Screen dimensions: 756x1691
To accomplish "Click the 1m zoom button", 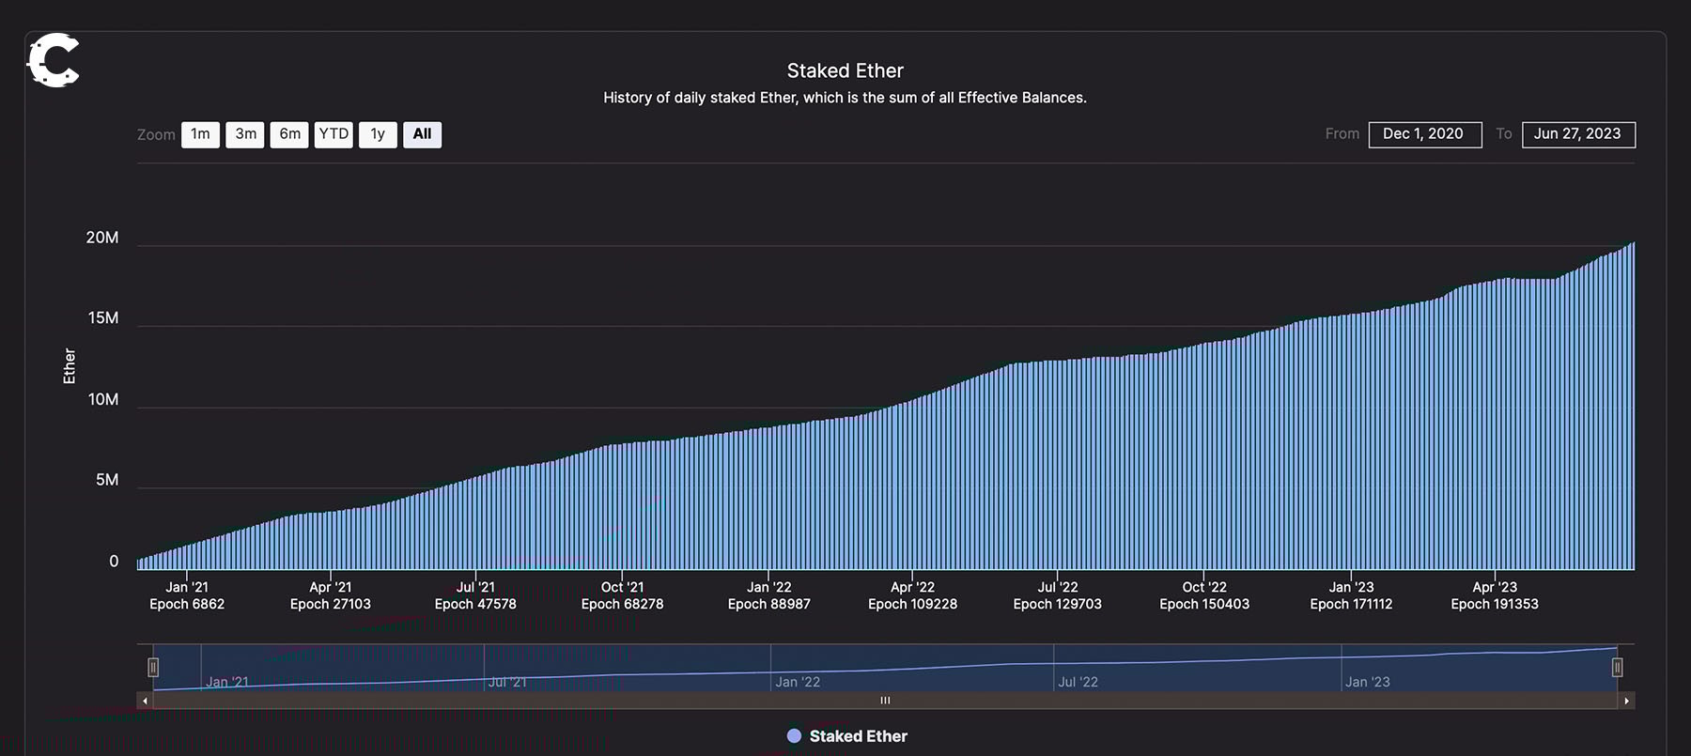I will [200, 134].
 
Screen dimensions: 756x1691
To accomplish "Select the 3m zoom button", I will [245, 134].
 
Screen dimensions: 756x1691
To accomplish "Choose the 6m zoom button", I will [289, 134].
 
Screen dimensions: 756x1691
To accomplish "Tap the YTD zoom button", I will [334, 134].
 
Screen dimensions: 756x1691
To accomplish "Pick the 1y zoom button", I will [378, 134].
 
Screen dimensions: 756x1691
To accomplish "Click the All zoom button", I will [422, 134].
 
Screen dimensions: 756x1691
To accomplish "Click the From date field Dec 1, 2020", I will [1424, 134].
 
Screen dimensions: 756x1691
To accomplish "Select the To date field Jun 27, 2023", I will [1577, 134].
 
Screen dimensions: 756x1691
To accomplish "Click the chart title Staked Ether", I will [845, 70].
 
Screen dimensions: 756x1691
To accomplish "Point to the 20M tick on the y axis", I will [102, 238].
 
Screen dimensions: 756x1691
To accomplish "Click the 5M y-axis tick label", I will [107, 480].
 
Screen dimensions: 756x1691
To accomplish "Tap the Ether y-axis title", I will [69, 366].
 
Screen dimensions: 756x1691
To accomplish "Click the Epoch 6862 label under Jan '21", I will [187, 604].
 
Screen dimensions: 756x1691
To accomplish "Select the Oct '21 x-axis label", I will [622, 587].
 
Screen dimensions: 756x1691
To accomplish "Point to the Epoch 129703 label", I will [1057, 604].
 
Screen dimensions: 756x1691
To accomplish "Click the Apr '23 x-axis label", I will [1494, 587].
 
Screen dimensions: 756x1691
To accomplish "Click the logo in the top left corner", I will [53, 60].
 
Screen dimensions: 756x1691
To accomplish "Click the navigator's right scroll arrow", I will [1626, 701].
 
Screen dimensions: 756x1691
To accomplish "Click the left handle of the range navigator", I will [153, 667].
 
